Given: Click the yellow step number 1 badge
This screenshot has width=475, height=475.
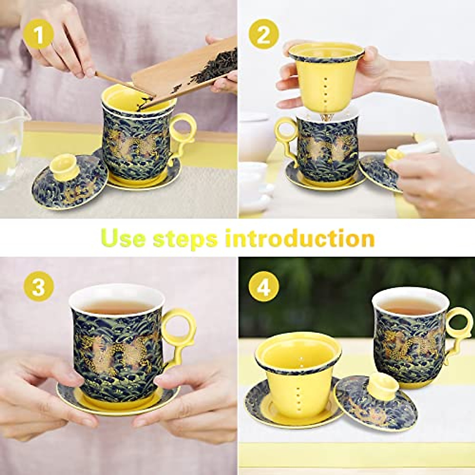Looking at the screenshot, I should pyautogui.click(x=38, y=36).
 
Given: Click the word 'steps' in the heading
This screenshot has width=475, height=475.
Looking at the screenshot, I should pyautogui.click(x=185, y=239).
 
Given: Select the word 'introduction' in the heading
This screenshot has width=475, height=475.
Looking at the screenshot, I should pyautogui.click(x=300, y=239).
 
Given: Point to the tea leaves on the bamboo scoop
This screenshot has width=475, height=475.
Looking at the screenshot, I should pyautogui.click(x=216, y=67).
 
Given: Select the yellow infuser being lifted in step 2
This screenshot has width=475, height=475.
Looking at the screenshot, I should pyautogui.click(x=325, y=79).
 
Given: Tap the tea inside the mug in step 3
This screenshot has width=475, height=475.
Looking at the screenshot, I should pyautogui.click(x=117, y=306).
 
